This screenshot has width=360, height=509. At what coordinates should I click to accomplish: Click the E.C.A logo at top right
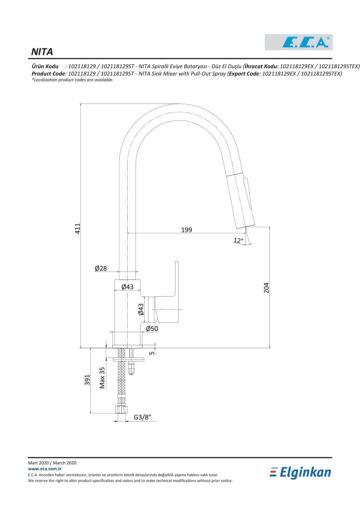[299, 42]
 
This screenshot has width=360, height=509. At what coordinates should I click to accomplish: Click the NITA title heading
[42, 52]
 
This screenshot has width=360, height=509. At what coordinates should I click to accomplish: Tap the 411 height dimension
[77, 228]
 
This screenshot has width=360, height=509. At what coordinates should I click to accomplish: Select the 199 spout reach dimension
[187, 230]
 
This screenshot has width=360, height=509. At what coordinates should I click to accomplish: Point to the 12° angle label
[238, 240]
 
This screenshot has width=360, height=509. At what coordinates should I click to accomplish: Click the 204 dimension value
[266, 288]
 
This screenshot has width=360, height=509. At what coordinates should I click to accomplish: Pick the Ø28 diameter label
[101, 268]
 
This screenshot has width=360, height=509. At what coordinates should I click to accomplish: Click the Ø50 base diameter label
[152, 329]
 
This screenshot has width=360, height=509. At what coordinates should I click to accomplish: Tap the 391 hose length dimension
[87, 380]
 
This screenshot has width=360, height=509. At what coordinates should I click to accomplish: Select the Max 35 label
[102, 378]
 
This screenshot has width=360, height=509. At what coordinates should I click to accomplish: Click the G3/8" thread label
[143, 417]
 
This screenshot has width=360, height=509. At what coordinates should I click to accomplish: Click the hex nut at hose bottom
[121, 409]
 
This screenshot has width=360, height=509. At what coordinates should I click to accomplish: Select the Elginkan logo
[301, 472]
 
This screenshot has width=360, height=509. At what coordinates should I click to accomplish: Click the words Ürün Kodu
[45, 66]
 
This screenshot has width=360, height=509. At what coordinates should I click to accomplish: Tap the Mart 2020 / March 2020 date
[52, 463]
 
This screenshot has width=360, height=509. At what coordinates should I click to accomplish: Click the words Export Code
[244, 74]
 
